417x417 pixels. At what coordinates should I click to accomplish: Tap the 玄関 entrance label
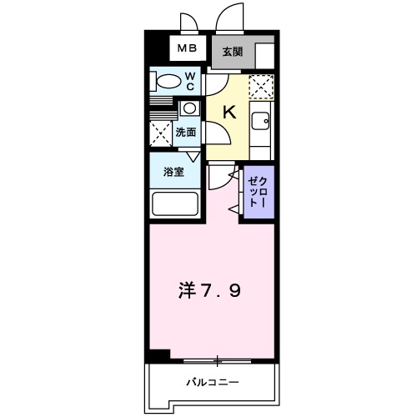click(x=231, y=52)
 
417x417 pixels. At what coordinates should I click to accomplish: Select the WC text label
click(x=190, y=81)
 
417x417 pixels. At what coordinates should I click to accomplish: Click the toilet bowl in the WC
click(x=168, y=82)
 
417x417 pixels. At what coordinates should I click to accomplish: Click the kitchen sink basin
click(x=260, y=121)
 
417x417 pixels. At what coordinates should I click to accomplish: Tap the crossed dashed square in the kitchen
click(x=261, y=86)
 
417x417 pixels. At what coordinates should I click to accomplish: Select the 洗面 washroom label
click(x=185, y=132)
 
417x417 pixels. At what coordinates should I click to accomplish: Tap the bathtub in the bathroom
click(x=174, y=204)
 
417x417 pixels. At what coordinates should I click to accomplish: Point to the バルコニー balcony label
click(x=212, y=383)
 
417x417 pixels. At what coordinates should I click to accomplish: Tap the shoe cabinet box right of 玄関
click(x=264, y=53)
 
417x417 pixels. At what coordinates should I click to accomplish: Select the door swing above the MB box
click(x=189, y=22)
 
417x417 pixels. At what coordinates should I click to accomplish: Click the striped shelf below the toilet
click(x=163, y=101)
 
